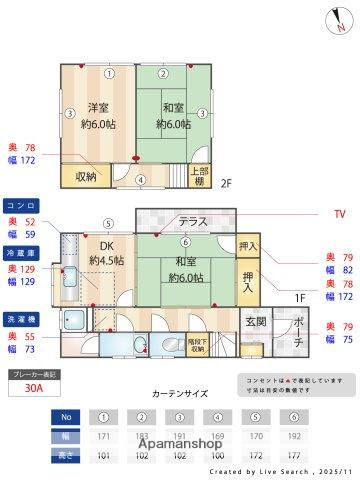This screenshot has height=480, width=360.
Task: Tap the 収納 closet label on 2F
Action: (x=86, y=177)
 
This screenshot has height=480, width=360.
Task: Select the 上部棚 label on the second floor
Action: (x=200, y=176)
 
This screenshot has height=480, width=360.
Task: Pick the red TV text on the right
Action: (x=340, y=214)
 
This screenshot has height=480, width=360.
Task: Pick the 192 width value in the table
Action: (x=293, y=437)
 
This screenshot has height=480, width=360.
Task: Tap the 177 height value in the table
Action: (x=293, y=454)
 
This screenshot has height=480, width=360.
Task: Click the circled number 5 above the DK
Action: (x=106, y=223)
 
